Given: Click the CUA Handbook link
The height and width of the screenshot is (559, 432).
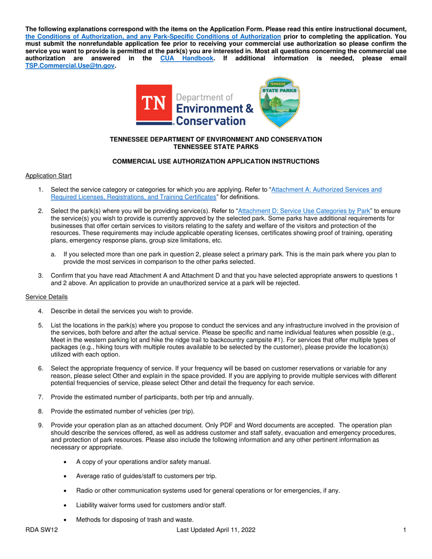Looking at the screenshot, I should tap(187, 58).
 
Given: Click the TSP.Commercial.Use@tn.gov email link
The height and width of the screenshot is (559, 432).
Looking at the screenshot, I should tap(70, 65).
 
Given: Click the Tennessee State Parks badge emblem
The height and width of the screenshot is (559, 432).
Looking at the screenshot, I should tap(279, 102).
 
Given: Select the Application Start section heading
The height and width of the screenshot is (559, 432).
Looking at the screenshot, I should tap(48, 175).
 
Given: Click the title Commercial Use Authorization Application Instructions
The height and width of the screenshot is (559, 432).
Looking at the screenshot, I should tap(216, 161).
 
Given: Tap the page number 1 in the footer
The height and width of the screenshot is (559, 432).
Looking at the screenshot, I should tap(404, 530).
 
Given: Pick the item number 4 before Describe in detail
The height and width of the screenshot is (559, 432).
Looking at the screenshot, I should tap(40, 311).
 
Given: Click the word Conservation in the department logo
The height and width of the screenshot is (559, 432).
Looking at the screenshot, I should tap(211, 120).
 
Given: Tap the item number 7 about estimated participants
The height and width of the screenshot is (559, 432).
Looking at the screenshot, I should tap(40, 397).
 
